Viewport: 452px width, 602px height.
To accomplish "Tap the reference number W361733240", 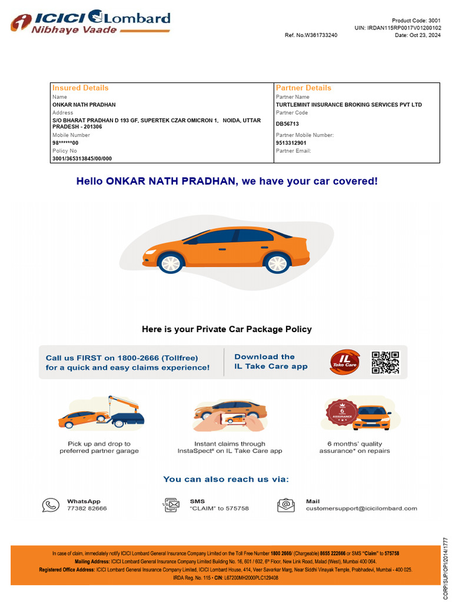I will tap(311, 35).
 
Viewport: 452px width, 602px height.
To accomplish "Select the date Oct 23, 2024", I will tap(418, 35).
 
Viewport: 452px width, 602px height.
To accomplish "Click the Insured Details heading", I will tap(81, 88).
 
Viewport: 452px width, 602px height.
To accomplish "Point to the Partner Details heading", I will tap(304, 88).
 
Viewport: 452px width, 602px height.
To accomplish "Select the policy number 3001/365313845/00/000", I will tap(82, 159).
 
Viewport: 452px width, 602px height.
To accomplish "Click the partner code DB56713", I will tap(287, 124).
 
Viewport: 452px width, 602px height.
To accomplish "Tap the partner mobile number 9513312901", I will tap(291, 143).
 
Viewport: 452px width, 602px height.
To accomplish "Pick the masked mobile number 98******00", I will tap(65, 143).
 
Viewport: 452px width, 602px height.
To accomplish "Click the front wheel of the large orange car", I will tap(171, 262).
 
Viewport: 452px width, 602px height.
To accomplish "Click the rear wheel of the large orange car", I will tap(277, 262).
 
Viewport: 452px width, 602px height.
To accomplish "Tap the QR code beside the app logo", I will tap(385, 363).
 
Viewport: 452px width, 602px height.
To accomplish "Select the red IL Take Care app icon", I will tap(344, 362).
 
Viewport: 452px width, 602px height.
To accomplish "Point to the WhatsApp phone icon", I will tap(51, 505).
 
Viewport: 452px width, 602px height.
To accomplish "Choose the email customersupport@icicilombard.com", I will tap(361, 509).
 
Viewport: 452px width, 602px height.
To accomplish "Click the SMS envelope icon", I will tap(171, 505).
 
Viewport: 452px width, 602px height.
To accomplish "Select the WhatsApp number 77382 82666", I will tap(87, 509).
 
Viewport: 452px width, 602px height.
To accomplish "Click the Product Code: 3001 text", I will tap(416, 21).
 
